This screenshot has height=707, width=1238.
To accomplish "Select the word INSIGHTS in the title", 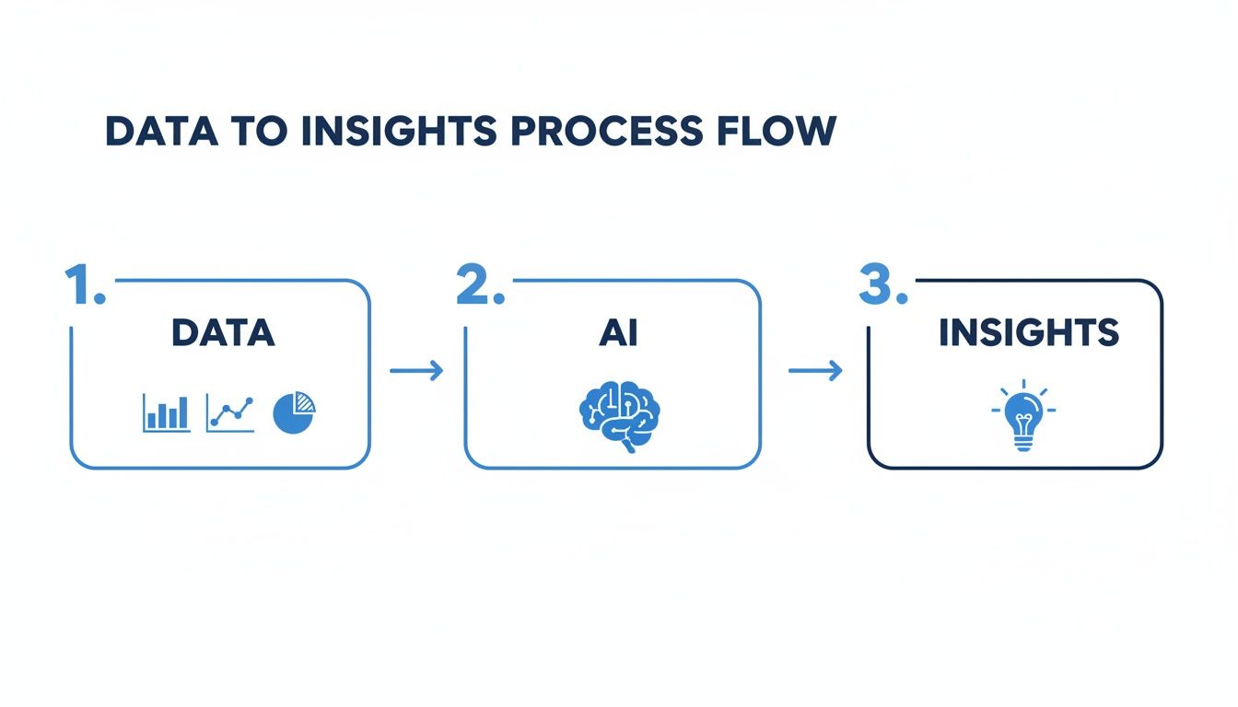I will (x=400, y=132).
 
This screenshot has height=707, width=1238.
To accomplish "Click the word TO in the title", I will (x=266, y=132).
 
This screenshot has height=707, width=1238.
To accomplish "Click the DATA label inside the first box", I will (x=222, y=333).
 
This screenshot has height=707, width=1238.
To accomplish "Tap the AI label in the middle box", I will (x=617, y=333).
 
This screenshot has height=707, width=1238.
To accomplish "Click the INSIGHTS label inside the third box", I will (x=1028, y=333).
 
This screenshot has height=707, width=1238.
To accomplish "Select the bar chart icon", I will (x=167, y=413).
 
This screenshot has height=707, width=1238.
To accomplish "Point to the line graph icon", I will (x=230, y=413).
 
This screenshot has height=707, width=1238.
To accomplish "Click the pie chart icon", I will (x=295, y=413).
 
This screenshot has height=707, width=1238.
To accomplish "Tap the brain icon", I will (x=619, y=416).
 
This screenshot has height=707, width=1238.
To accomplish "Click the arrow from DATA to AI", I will (x=416, y=371).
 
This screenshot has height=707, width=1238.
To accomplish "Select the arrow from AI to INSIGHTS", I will (x=815, y=371).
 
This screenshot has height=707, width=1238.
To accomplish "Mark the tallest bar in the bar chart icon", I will (x=182, y=413).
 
